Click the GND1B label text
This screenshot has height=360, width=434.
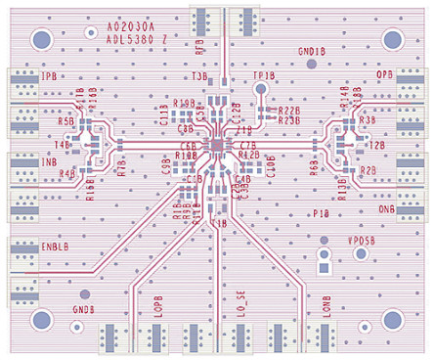(311, 51)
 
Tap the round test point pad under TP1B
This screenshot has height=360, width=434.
(261, 90)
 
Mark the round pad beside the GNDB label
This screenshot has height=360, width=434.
(84, 293)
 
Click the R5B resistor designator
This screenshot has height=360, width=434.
(66, 121)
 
